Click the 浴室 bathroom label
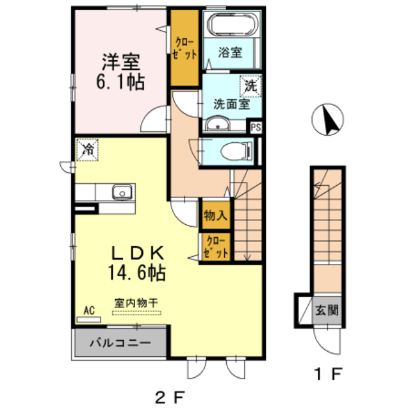231,53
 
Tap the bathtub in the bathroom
231,27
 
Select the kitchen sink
121,192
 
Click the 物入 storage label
215,215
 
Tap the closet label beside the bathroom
184,48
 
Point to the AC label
89,311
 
